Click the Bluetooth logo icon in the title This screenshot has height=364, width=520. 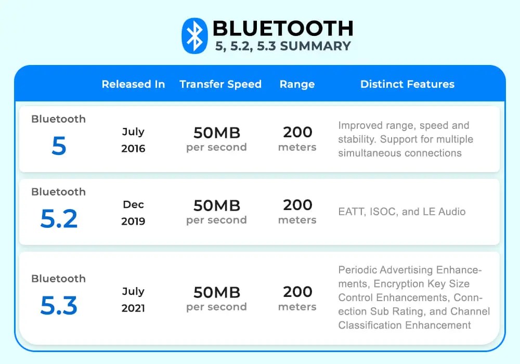click(x=194, y=36)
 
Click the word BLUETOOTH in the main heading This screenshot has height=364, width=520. click(x=283, y=28)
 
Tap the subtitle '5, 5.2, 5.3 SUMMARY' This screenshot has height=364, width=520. click(x=283, y=46)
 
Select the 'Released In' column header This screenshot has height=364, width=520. click(x=133, y=84)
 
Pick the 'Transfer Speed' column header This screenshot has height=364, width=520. click(x=220, y=84)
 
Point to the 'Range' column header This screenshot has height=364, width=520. click(x=297, y=84)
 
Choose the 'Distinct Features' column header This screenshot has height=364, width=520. click(x=407, y=84)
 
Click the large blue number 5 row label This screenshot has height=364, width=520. click(x=59, y=146)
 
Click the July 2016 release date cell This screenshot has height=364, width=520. click(x=133, y=140)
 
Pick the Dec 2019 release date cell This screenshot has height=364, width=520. click(x=133, y=213)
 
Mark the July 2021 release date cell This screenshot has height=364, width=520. click(x=133, y=300)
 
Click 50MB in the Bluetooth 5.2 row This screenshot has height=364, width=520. click(x=216, y=205)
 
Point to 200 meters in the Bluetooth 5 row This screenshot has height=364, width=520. click(x=297, y=139)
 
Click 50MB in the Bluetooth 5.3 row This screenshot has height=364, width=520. click(x=216, y=292)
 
